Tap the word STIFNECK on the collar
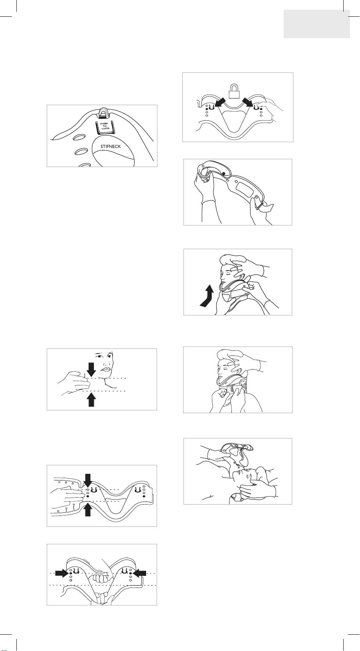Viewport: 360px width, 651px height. tap(111, 146)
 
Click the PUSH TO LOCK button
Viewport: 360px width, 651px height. tap(104, 126)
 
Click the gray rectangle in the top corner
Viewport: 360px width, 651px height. tap(317, 24)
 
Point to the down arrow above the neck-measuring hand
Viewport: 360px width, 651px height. tap(91, 369)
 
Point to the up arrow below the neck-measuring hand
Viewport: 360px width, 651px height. tap(91, 399)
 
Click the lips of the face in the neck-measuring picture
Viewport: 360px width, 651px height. tap(106, 369)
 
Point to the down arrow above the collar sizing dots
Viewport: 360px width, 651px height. tap(88, 481)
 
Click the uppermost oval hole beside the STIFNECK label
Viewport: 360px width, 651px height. tap(81, 136)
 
